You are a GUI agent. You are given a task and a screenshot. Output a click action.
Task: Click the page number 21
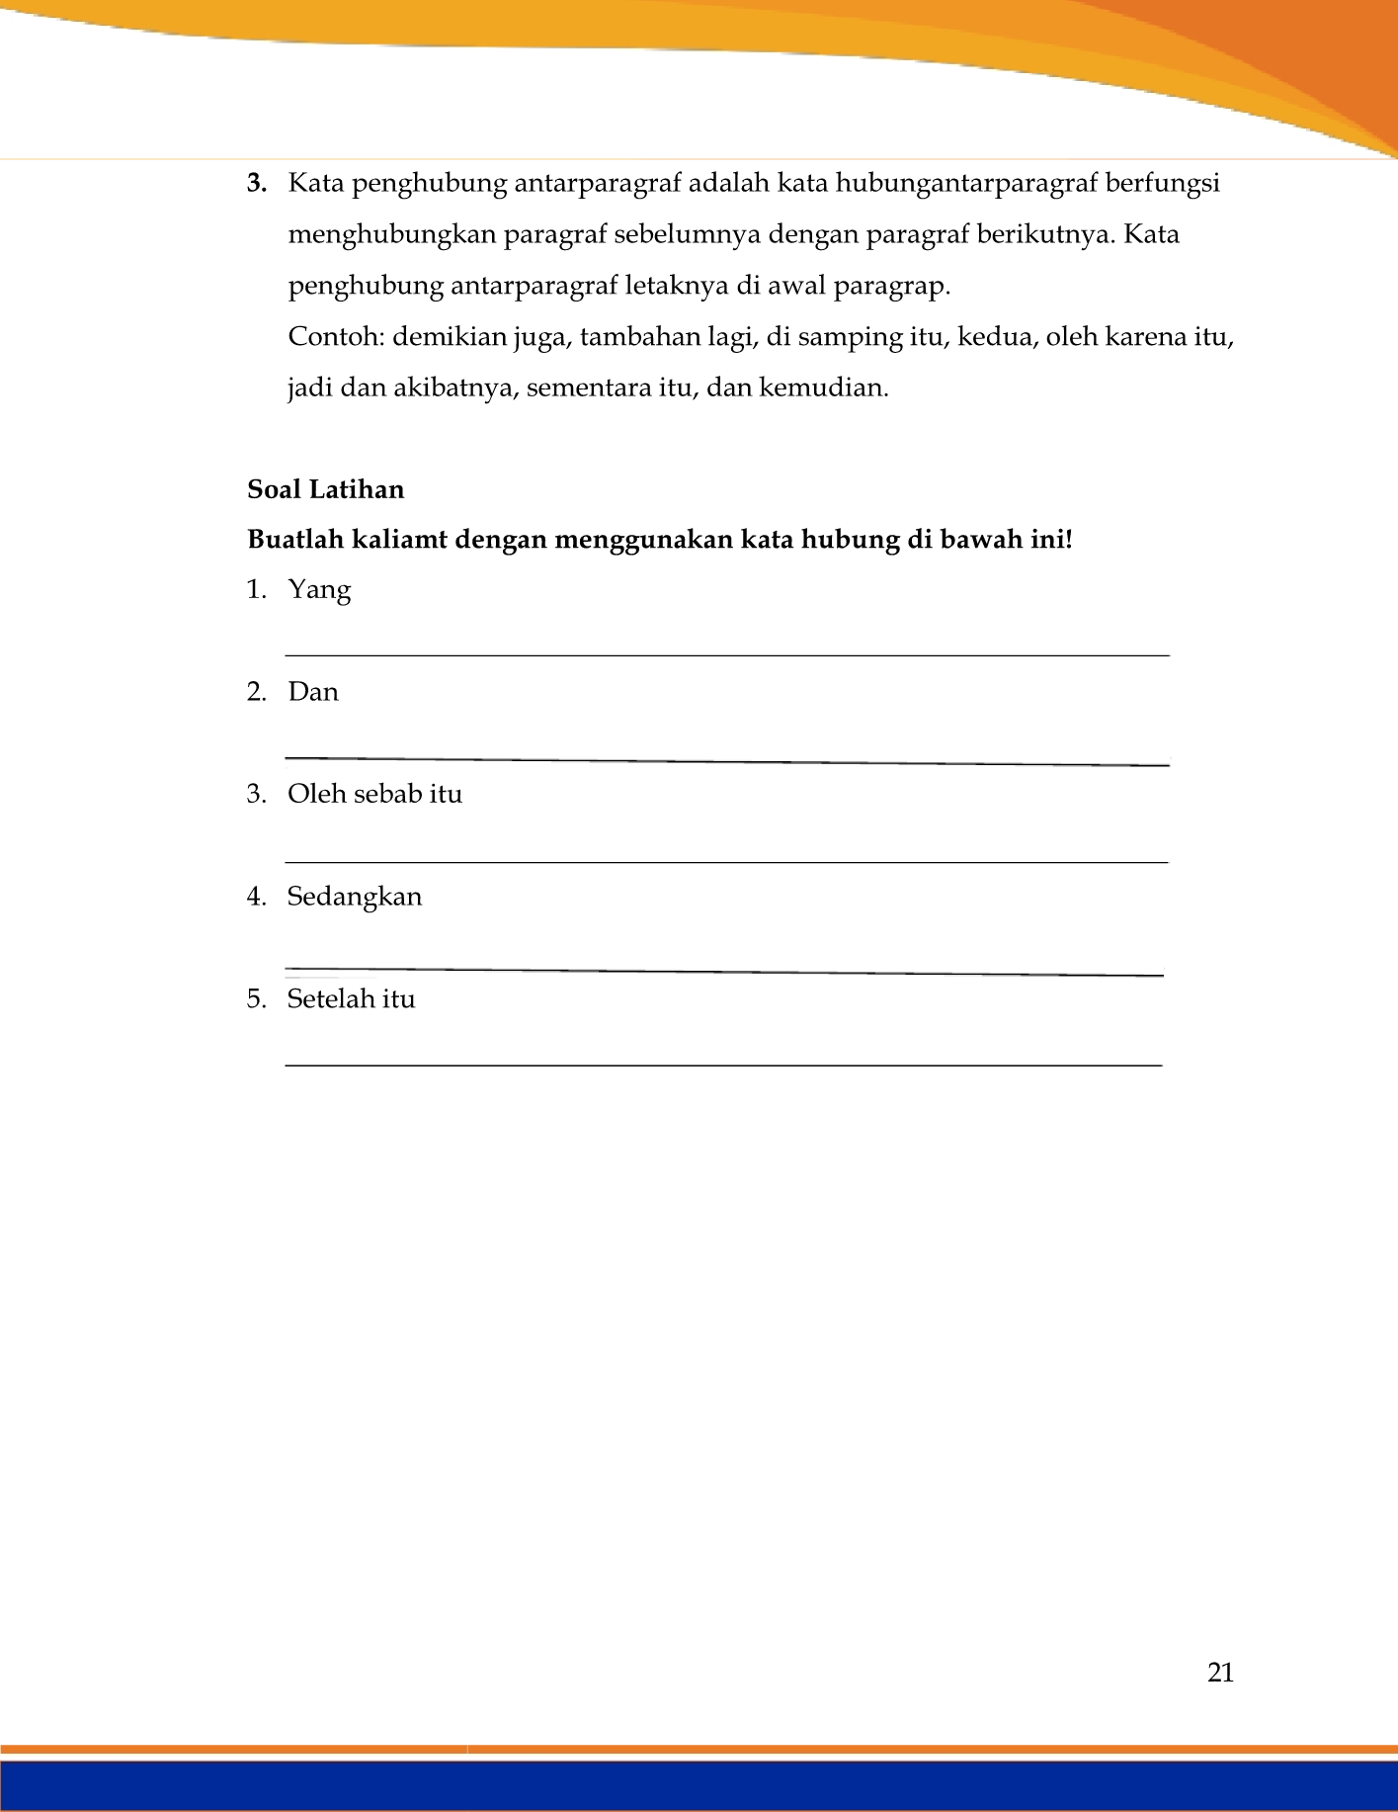(x=1220, y=1673)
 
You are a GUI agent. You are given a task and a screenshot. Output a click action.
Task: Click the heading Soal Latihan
(x=325, y=490)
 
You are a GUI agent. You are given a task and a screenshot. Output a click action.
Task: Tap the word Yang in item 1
(x=319, y=590)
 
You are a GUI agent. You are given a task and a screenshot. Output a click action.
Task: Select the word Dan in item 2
(x=313, y=692)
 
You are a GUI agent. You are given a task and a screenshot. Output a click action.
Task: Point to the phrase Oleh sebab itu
(x=374, y=794)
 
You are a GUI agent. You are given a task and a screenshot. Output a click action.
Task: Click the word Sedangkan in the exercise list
(x=354, y=897)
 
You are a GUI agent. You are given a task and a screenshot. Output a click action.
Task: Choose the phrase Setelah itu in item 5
(x=351, y=999)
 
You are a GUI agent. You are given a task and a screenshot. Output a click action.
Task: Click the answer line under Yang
(x=727, y=655)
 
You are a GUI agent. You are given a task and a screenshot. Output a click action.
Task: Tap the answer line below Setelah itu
(x=723, y=1065)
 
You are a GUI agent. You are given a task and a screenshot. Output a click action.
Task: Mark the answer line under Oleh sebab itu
(x=727, y=862)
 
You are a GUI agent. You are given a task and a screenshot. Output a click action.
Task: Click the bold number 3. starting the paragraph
(x=257, y=184)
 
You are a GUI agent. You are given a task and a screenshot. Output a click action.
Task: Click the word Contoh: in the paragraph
(x=336, y=337)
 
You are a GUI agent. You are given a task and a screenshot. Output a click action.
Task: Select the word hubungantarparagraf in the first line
(x=966, y=184)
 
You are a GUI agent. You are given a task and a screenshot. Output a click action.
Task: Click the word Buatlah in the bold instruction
(x=291, y=540)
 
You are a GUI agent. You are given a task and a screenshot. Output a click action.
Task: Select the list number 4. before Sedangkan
(x=257, y=897)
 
